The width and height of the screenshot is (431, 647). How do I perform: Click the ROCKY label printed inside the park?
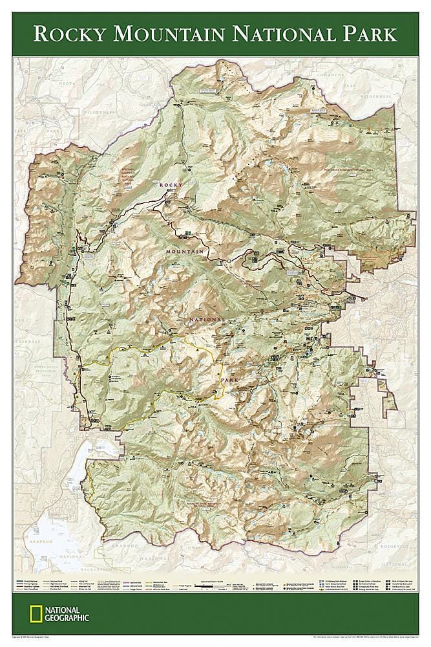171,184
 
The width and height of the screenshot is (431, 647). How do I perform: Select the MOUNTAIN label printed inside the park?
185,251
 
